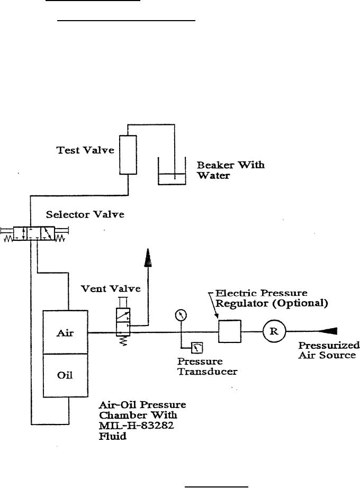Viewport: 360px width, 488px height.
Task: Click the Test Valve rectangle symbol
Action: click(128, 155)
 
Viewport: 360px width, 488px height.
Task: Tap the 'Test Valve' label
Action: click(85, 150)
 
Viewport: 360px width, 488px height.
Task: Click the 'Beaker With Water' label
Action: click(230, 170)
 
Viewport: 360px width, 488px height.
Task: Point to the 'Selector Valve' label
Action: click(85, 214)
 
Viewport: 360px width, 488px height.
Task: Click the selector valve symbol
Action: click(34, 234)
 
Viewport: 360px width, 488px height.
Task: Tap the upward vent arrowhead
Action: click(148, 258)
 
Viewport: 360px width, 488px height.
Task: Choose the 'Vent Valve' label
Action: click(111, 288)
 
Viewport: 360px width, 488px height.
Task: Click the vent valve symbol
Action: click(123, 321)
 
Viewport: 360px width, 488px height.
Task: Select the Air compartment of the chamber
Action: click(66, 332)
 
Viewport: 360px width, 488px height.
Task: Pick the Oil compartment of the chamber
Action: click(66, 376)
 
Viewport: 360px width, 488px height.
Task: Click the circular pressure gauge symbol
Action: click(181, 315)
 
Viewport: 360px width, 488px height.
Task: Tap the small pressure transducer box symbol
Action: click(197, 347)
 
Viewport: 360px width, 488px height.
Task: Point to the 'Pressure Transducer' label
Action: click(208, 366)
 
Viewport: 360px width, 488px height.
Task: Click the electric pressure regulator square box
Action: click(230, 331)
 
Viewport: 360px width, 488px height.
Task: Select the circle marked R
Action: click(274, 331)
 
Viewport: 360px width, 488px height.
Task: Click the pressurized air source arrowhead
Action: click(327, 331)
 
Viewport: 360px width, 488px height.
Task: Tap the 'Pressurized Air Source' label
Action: click(329, 350)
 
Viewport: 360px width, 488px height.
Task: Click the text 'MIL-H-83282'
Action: click(137, 426)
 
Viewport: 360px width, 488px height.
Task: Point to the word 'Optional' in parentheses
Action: click(300, 303)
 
